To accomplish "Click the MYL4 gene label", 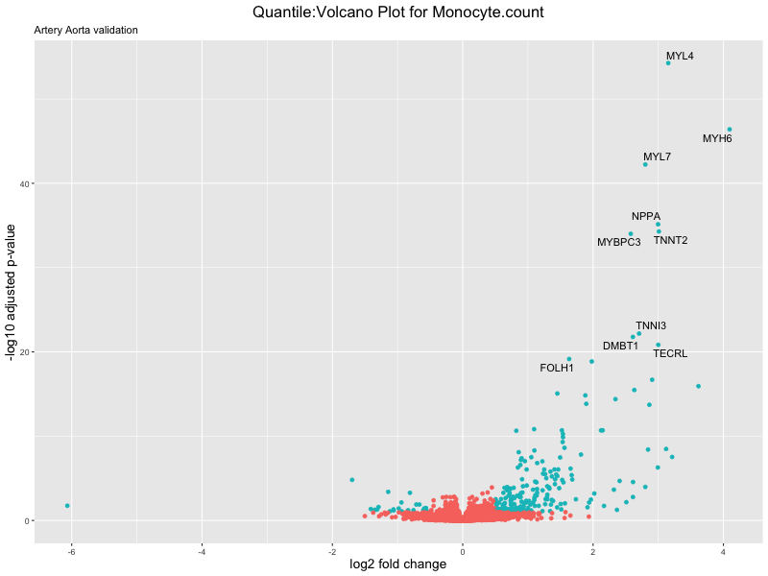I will (x=680, y=57).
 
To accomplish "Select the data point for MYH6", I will (x=730, y=129).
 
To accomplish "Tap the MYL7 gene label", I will (x=657, y=156).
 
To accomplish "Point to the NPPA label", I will (x=646, y=216).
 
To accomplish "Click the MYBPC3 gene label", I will (x=618, y=242).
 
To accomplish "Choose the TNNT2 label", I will (x=670, y=240).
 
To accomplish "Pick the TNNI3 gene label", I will (x=650, y=325).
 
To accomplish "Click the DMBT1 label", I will (x=620, y=346).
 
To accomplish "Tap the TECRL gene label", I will (x=670, y=353).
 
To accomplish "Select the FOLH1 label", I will (x=557, y=368).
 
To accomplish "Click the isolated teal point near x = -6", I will (x=67, y=505).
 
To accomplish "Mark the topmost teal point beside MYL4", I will (x=668, y=63).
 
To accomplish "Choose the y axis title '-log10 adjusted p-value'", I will (x=12, y=291).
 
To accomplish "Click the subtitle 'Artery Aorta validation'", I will (x=85, y=30).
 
